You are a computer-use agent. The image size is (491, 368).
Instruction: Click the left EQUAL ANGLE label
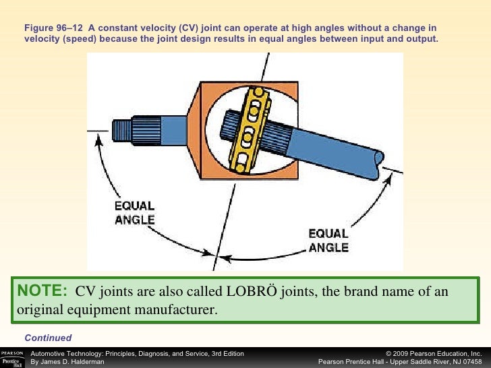coord(135,212)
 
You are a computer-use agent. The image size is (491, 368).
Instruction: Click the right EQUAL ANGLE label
coord(328,240)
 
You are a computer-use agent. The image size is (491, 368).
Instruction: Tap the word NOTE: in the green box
coord(42,291)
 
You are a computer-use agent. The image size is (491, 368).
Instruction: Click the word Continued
coord(48,338)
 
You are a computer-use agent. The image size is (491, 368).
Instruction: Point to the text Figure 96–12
coord(53,28)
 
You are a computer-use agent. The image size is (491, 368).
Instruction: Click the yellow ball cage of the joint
coord(249,127)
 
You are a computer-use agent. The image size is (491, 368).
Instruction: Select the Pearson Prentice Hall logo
coord(13,357)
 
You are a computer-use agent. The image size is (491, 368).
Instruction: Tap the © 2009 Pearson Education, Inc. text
coord(434,353)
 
